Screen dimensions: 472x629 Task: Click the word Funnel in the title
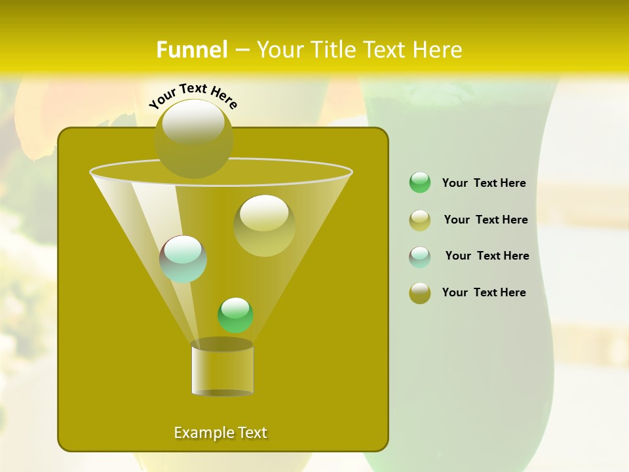(191, 50)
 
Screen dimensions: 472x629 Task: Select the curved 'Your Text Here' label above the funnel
(193, 96)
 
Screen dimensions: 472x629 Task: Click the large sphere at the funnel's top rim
(194, 138)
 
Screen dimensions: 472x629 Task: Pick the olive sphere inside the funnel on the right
(264, 226)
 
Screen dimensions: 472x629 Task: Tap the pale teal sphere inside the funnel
(183, 259)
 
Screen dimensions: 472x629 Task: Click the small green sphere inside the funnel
(235, 315)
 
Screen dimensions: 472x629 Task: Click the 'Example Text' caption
(221, 433)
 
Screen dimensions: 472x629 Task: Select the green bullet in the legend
(420, 183)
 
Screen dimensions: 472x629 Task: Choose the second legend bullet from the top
(420, 220)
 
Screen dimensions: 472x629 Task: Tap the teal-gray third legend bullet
(420, 257)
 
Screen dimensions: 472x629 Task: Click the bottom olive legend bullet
(420, 293)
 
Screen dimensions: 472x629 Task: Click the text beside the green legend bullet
(484, 183)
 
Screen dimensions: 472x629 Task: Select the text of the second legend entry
(486, 220)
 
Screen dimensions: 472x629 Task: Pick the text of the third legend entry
(487, 256)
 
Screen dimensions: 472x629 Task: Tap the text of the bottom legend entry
(484, 292)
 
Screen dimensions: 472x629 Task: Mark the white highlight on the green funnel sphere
(235, 307)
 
